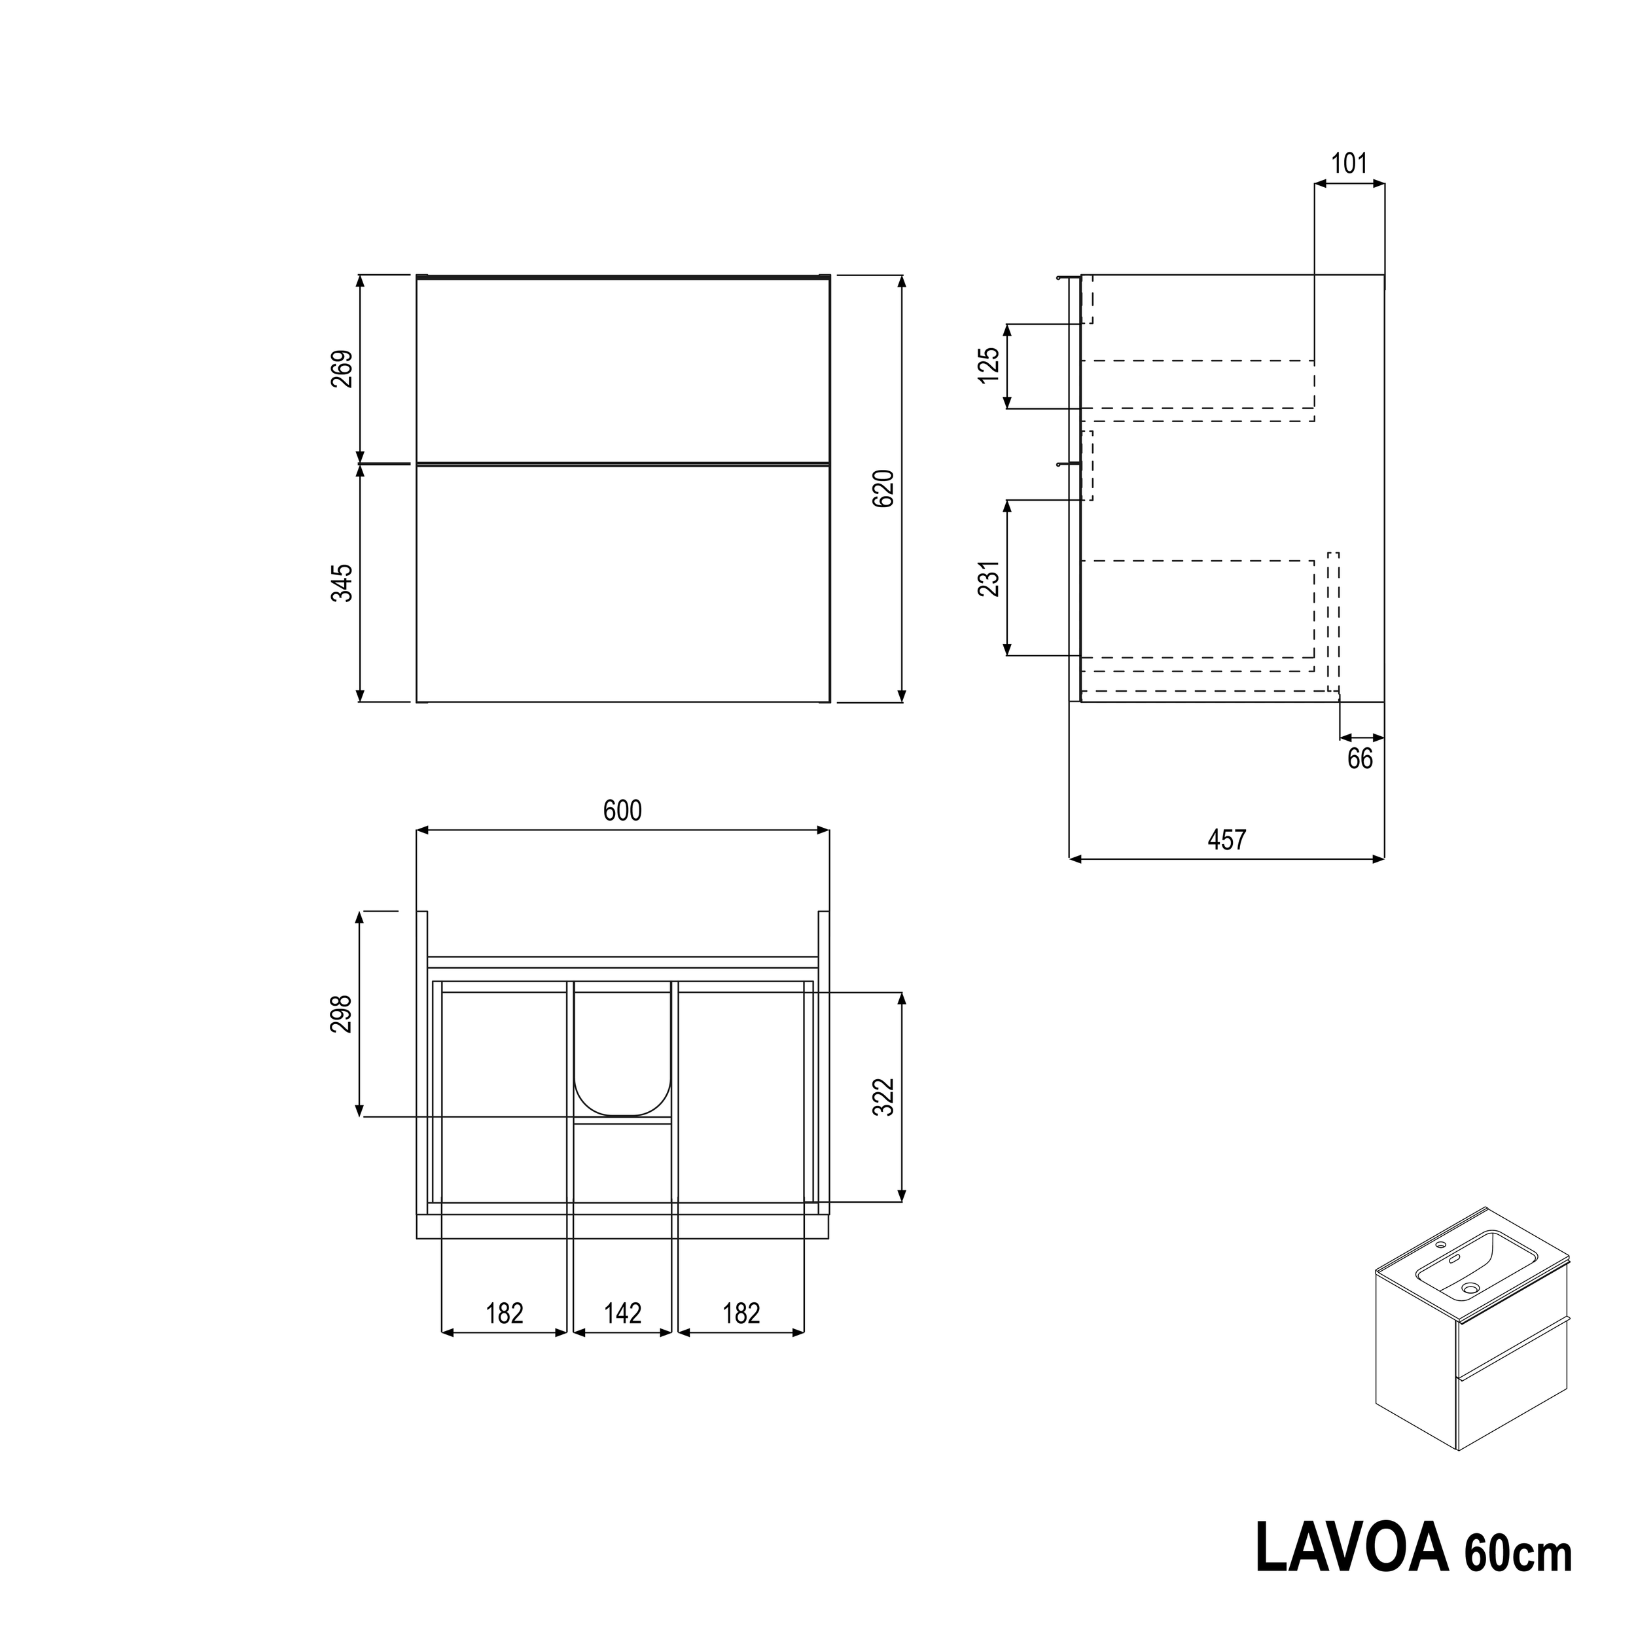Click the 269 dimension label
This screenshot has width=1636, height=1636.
(341, 368)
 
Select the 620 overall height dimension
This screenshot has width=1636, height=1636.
(883, 489)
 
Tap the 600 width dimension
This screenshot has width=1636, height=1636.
(622, 811)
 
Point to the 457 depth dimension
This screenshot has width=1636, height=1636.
(1227, 840)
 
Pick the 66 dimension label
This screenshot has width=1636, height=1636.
(1360, 758)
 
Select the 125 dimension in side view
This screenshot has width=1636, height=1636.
(989, 365)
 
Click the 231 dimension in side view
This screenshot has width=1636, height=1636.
(989, 578)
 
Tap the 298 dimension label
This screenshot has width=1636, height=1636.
(341, 1014)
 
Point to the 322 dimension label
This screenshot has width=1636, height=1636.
(883, 1097)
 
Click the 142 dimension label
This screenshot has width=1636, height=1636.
(622, 1313)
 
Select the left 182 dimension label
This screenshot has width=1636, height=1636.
(504, 1313)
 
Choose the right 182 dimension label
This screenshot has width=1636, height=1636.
(741, 1313)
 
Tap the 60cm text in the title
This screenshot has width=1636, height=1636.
(1518, 1553)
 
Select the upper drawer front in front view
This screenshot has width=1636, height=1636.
(622, 370)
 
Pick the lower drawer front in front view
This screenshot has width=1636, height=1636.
(622, 584)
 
